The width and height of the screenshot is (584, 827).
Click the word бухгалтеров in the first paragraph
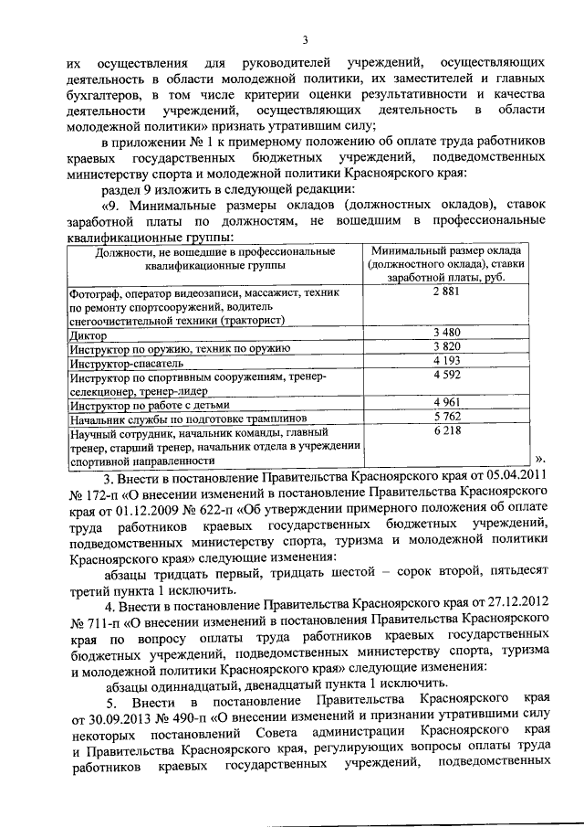click(109, 94)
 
